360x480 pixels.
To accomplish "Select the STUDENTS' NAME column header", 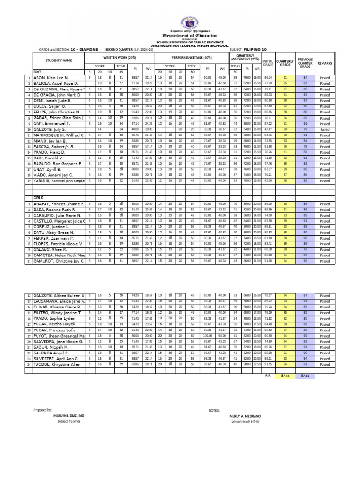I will [x=59, y=60].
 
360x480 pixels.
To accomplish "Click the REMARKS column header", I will [x=325, y=63].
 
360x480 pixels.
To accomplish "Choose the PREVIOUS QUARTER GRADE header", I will [x=305, y=63].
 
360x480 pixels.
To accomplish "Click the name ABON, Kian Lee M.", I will [x=51, y=77].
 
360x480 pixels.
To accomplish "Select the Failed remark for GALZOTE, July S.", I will [x=325, y=129].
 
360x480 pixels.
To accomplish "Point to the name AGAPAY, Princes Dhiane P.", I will [x=58, y=204].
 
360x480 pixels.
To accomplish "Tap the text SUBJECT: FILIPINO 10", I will [x=248, y=49].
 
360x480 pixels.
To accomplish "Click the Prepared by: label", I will [x=43, y=410].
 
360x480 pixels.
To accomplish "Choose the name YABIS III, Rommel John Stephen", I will [x=59, y=180].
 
